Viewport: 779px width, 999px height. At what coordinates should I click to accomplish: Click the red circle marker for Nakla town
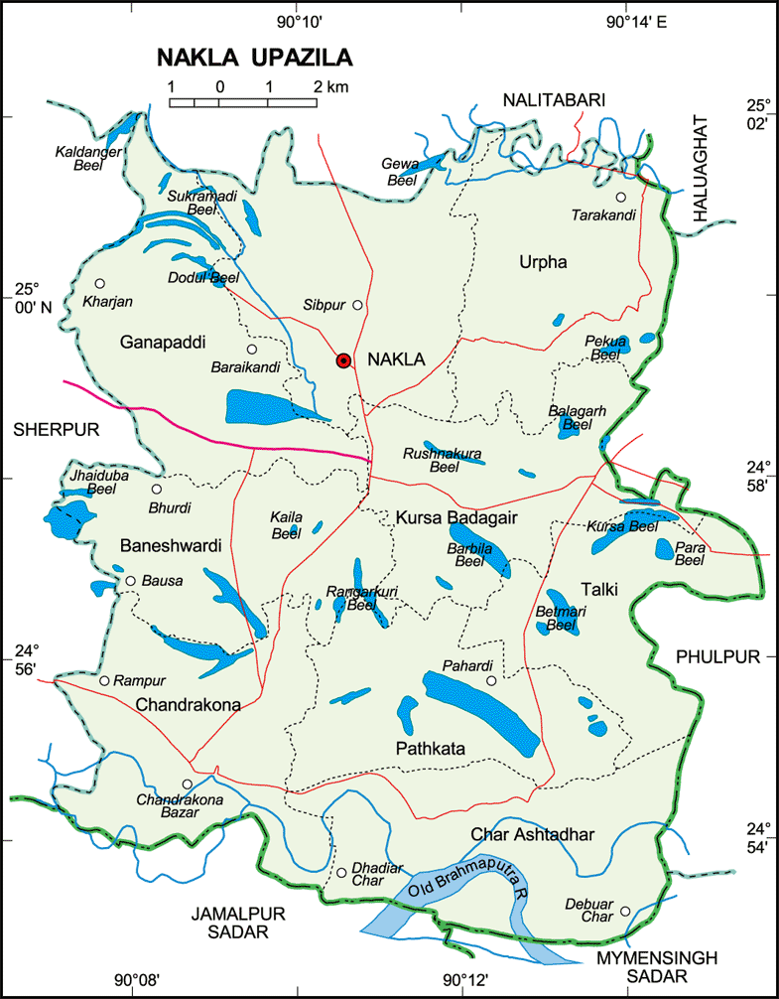[x=343, y=360]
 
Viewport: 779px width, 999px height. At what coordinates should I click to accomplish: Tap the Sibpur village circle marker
[x=357, y=305]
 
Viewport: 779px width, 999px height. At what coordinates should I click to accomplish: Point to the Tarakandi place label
[x=603, y=215]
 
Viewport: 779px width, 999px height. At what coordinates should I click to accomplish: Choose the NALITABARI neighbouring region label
[x=554, y=99]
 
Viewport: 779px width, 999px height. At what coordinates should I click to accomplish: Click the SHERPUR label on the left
[x=51, y=428]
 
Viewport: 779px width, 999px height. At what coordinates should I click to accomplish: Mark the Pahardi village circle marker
[x=490, y=680]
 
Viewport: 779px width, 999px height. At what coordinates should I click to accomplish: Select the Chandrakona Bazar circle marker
[x=186, y=785]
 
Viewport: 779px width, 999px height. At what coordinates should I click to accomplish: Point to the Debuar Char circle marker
[x=625, y=911]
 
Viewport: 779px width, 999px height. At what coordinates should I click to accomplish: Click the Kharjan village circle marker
[x=99, y=283]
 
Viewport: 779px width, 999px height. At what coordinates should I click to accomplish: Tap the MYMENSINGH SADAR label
[x=642, y=967]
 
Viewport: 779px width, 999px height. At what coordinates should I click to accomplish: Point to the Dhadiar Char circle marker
[x=341, y=873]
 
